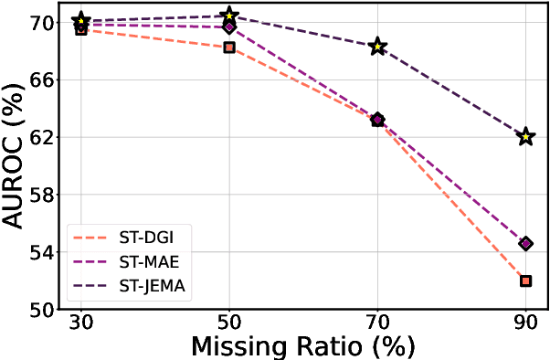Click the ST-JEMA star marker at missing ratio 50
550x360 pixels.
tap(229, 16)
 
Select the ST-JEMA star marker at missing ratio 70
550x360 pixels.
tap(377, 47)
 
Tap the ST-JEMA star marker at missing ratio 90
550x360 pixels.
tap(525, 137)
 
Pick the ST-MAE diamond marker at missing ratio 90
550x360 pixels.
tap(525, 244)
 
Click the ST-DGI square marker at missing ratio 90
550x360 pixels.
tap(525, 281)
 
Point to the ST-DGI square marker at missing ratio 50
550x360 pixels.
tap(229, 48)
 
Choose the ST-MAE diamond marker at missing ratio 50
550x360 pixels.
tap(229, 27)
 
